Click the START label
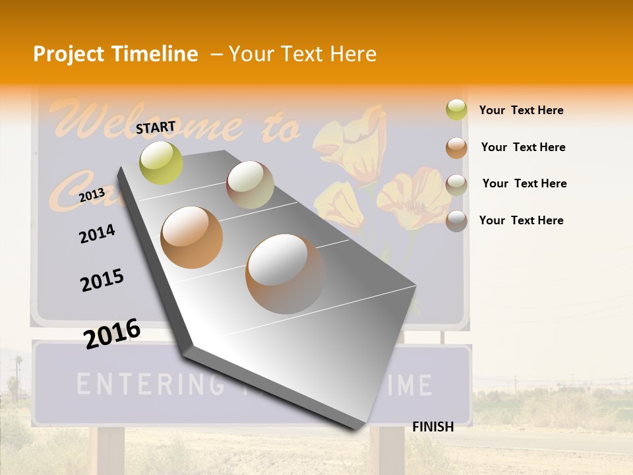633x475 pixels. tap(156, 127)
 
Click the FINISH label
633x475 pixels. tap(433, 427)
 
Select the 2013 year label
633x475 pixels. tap(92, 195)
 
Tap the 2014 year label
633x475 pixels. tap(97, 234)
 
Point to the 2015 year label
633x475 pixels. tap(102, 280)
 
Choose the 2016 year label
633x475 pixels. tap(112, 333)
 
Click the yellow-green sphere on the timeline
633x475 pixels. tap(162, 162)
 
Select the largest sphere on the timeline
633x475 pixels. tap(285, 273)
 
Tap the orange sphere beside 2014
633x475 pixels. tap(192, 237)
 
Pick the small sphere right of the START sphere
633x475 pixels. tap(250, 185)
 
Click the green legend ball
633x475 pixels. tap(456, 110)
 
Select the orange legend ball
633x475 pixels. tap(456, 148)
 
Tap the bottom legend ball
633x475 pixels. tap(456, 221)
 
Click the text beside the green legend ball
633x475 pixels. tap(521, 110)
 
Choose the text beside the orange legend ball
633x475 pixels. tap(523, 147)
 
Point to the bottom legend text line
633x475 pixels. tap(521, 220)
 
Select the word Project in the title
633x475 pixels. tap(68, 54)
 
